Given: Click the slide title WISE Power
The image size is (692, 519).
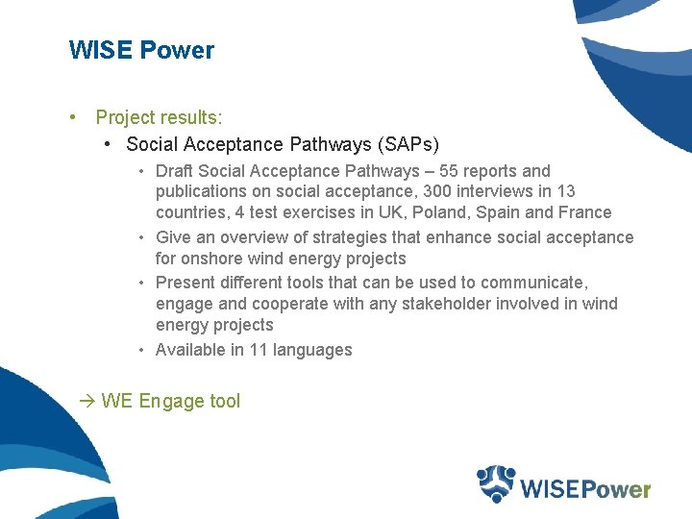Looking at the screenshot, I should coord(141,50).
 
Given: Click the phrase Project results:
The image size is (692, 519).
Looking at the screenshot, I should coord(159,117).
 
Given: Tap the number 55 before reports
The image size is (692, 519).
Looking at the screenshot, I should coord(449,171).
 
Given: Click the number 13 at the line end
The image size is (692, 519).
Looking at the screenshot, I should coord(566,192).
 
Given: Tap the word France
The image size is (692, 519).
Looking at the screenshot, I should coord(585,212).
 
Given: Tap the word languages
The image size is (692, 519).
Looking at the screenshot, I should coord(312,350).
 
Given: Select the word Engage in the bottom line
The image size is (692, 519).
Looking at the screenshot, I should coord(170,402).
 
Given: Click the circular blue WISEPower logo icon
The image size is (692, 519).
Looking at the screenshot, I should coord(497,483).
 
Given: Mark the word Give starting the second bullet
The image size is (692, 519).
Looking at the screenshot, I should coord(173,237).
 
